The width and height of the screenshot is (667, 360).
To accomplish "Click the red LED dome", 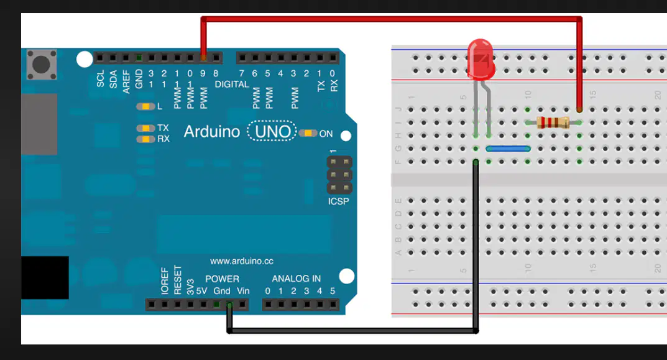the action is click(481, 60).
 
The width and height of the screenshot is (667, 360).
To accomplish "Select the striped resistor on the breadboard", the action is click(553, 122).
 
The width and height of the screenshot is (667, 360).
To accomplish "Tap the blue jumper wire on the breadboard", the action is click(508, 149).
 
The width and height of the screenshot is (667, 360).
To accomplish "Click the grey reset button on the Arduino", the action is click(42, 65).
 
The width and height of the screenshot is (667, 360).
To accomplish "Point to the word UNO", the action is click(272, 131).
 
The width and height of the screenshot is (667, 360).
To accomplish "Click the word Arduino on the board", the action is click(212, 131).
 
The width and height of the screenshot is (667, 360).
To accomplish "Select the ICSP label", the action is click(338, 201).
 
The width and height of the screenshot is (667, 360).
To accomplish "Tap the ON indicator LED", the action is click(308, 133).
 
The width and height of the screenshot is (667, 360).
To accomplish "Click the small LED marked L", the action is click(145, 106).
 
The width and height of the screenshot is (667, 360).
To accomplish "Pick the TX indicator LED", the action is click(145, 128).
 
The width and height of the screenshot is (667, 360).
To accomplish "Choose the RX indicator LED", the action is click(145, 139).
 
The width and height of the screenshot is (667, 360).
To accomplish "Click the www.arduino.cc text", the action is click(242, 261).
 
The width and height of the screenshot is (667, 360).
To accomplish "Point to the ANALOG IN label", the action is click(296, 279).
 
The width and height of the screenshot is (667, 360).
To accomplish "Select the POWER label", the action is click(222, 279).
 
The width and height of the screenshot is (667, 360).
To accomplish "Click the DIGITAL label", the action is click(232, 85).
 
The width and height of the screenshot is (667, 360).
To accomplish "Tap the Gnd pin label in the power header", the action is click(222, 291).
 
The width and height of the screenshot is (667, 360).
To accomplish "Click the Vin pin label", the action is click(243, 291).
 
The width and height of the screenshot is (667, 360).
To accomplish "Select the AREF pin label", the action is click(126, 81).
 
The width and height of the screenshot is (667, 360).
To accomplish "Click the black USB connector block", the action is click(45, 277).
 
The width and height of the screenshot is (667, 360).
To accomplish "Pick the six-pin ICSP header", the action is click(339, 175).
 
